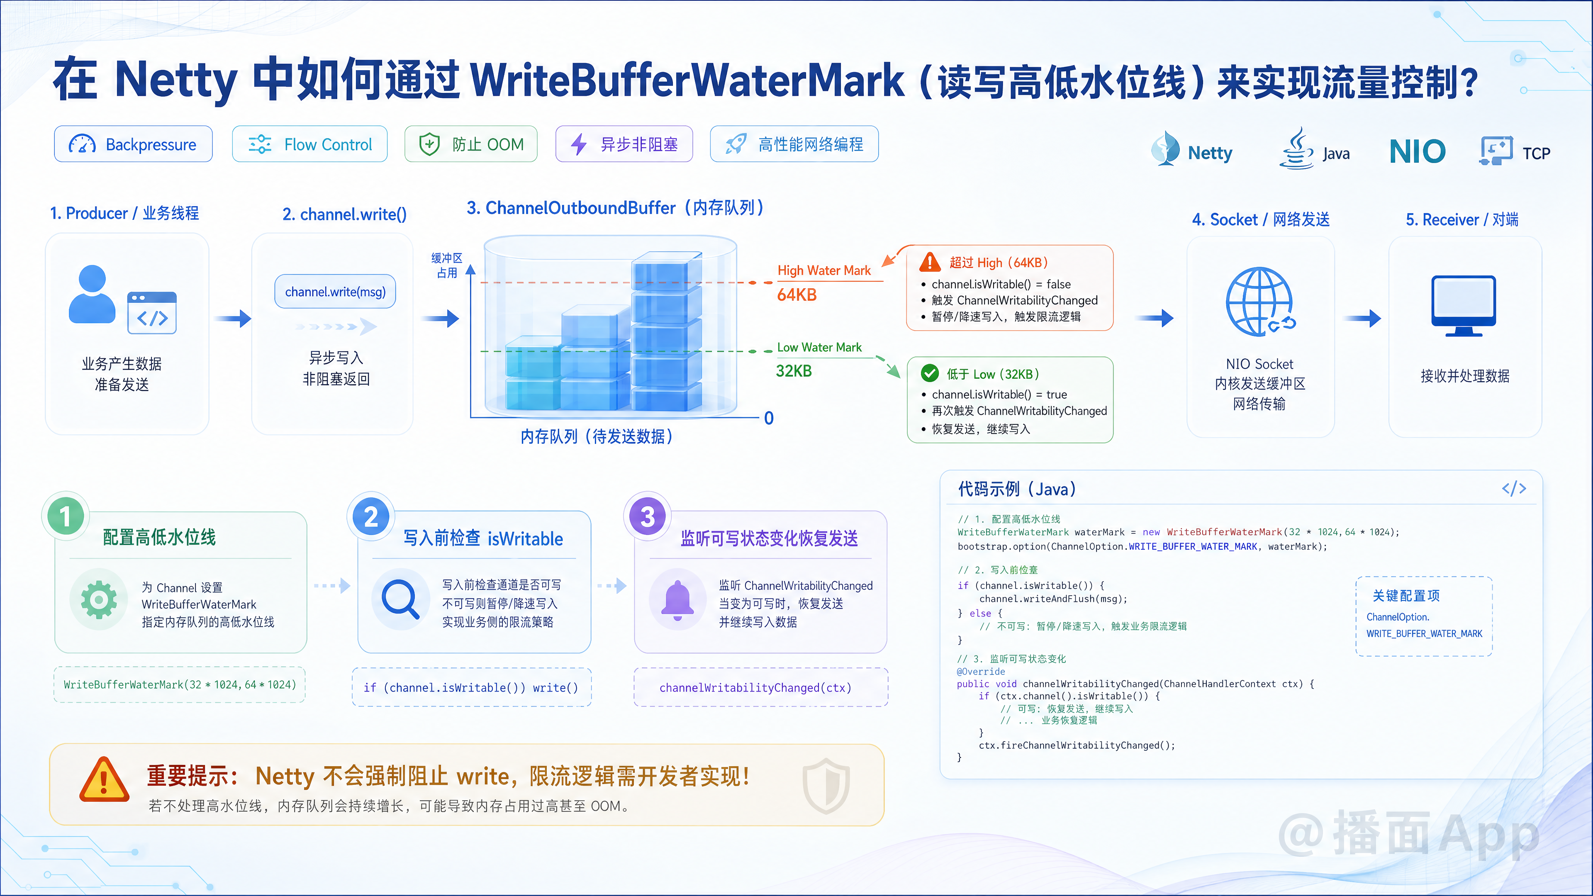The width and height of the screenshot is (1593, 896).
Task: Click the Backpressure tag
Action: [x=133, y=144]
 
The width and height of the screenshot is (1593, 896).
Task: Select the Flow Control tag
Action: [x=310, y=144]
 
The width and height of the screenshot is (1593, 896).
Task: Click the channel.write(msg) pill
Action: [x=335, y=291]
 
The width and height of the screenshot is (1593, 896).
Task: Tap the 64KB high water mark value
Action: [x=796, y=295]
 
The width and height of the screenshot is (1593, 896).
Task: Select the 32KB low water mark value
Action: [x=794, y=371]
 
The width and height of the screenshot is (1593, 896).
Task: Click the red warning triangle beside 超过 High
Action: [x=929, y=262]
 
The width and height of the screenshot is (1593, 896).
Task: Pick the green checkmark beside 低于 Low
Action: [x=929, y=373]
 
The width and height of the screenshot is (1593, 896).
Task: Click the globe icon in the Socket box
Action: [x=1260, y=302]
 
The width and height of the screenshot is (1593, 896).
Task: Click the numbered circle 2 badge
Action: [x=371, y=516]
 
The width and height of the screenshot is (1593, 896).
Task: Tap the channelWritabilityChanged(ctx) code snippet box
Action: [x=761, y=687]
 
